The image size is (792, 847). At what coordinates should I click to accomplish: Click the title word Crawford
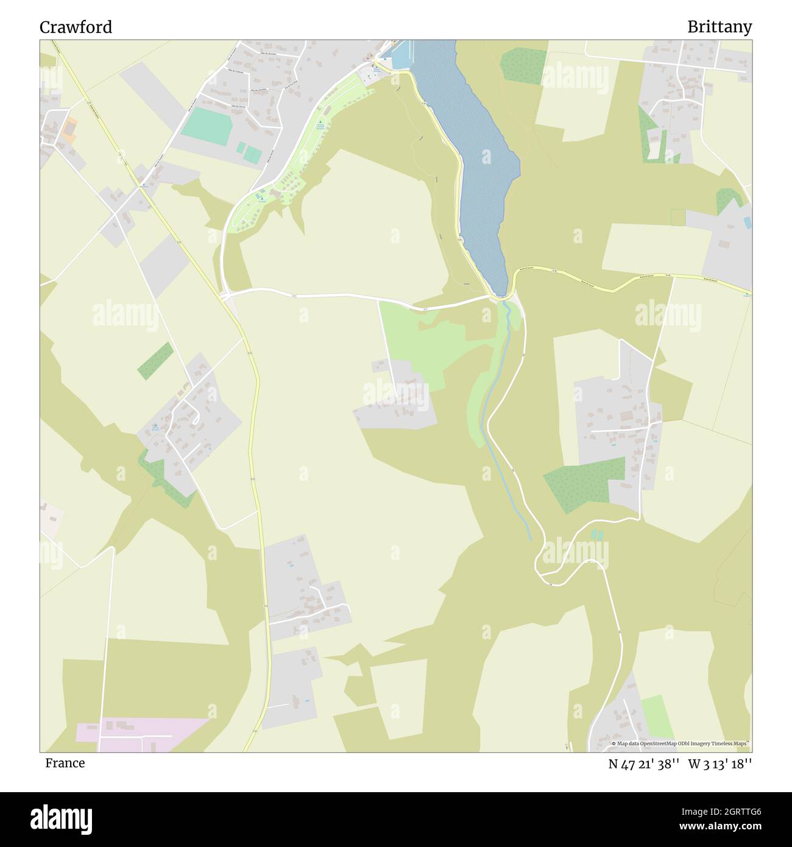point(76,27)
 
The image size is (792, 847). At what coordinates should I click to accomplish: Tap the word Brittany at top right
point(719,27)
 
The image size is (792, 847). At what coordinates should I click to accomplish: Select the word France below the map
point(65,763)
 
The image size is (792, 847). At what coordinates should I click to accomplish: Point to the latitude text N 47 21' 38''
point(644,764)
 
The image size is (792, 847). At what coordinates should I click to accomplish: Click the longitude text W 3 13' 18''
point(720,764)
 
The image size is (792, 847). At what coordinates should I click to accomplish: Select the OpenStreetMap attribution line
point(681,743)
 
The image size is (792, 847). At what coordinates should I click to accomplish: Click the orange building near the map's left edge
point(69,130)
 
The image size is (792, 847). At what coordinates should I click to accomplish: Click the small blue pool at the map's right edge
point(748,222)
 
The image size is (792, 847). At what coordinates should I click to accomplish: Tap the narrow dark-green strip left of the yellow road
point(155,361)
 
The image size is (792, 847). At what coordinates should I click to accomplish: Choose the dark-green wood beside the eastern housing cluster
point(583,483)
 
